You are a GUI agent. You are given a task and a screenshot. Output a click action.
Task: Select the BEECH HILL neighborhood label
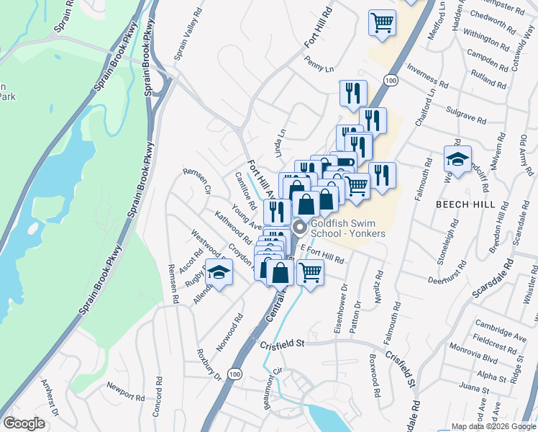tap(463, 204)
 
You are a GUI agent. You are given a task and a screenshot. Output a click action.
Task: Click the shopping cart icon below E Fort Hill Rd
tap(310, 273)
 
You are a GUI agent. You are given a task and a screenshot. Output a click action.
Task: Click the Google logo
tap(24, 423)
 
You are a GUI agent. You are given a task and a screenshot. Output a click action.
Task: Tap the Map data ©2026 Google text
tap(493, 426)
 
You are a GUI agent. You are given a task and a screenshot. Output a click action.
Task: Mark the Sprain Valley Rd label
tap(186, 40)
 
